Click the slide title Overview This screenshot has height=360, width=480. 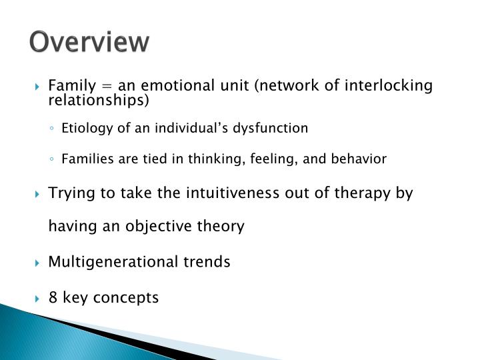[x=89, y=41]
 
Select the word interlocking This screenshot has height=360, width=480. [x=392, y=87]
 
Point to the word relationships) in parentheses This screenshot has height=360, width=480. [x=99, y=101]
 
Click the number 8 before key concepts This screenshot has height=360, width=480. [x=53, y=297]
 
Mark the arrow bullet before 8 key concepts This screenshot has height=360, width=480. [x=39, y=298]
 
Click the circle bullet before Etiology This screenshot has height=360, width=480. [x=52, y=129]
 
